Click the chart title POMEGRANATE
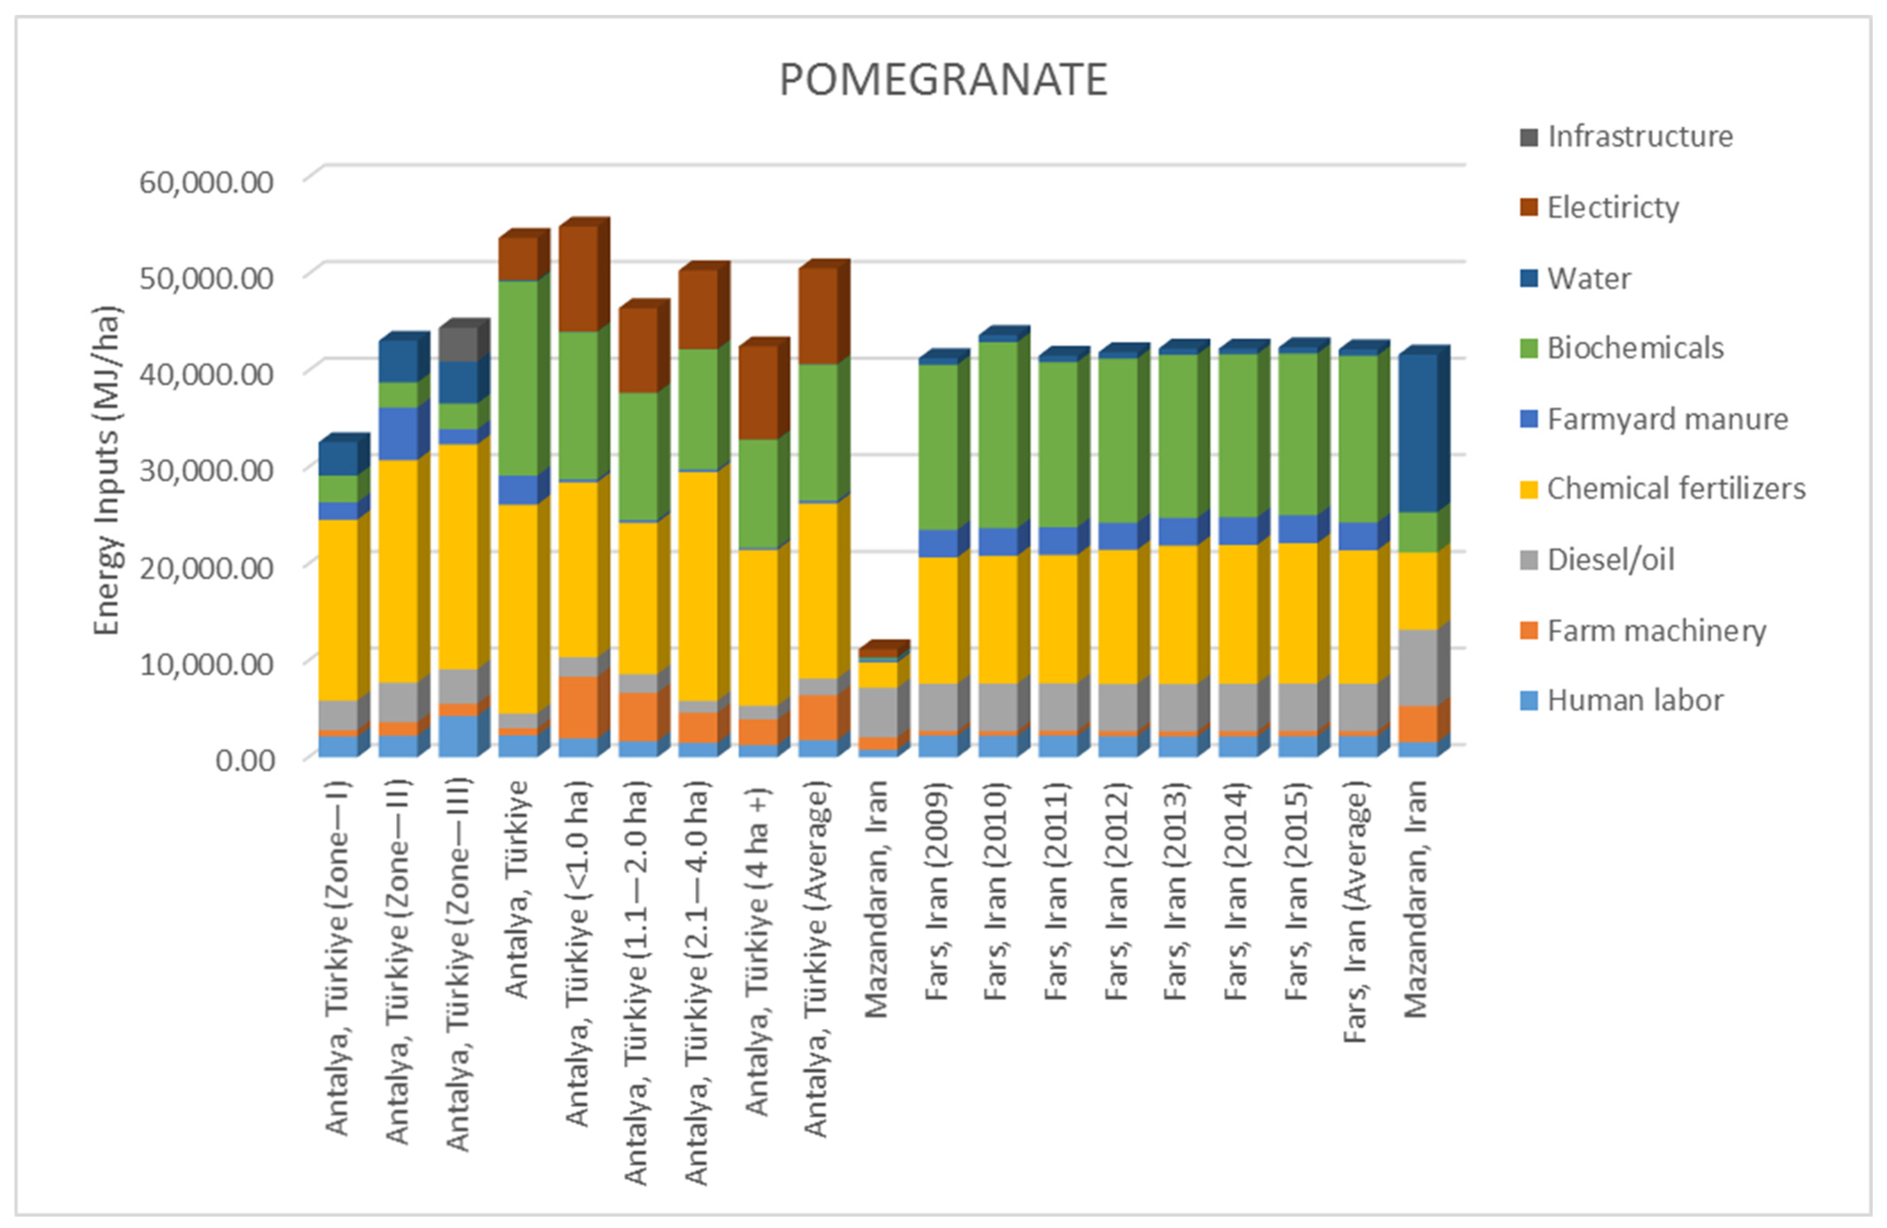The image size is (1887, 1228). [x=943, y=80]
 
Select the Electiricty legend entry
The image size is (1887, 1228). [x=1612, y=208]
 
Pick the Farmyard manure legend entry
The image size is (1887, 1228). [x=1667, y=419]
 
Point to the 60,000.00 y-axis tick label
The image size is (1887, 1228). [x=206, y=181]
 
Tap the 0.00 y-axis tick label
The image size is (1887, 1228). [x=245, y=760]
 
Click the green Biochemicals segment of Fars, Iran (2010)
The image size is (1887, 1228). [x=998, y=435]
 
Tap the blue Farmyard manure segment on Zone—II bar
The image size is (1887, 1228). [x=398, y=434]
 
